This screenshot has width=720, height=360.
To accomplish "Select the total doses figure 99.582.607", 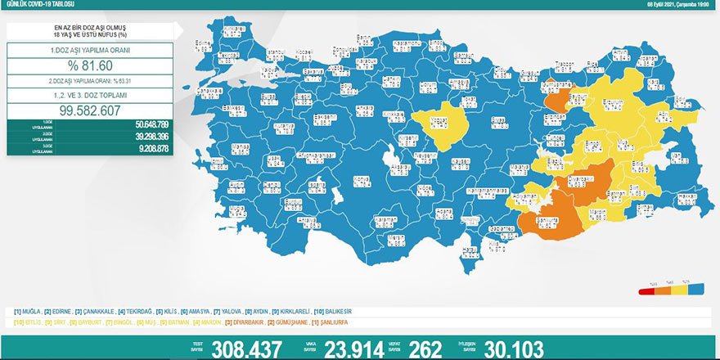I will click(90, 111).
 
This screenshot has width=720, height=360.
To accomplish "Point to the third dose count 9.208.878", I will click(148, 148).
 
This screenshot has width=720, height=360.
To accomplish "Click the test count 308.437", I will click(245, 349).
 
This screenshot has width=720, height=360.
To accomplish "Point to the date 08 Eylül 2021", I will click(663, 4).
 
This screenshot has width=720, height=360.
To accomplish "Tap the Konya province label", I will click(358, 179).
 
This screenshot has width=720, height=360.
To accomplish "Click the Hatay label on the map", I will click(469, 251).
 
